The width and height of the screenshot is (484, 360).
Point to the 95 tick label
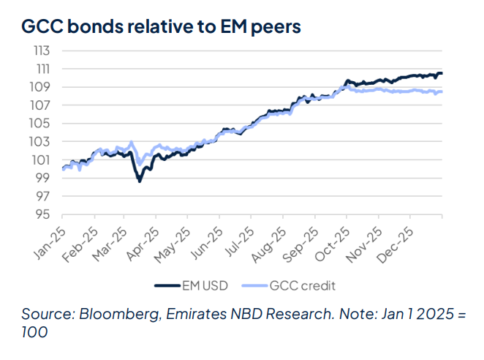43,214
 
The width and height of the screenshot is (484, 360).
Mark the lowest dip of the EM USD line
139,180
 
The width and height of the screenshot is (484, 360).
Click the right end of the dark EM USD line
442,73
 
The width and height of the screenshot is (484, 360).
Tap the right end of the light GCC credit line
442,91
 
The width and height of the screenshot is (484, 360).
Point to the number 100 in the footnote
34,332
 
